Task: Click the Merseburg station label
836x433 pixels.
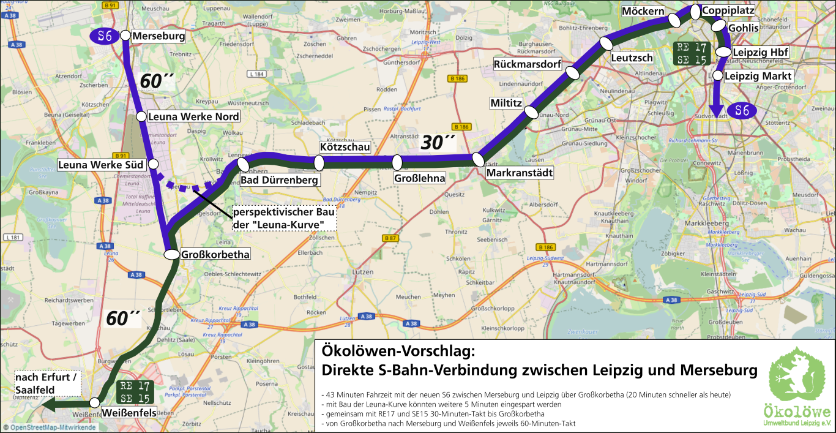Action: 158,36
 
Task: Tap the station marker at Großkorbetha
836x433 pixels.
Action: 171,254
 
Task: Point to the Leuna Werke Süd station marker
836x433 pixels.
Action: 153,164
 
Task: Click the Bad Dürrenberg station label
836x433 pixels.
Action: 279,181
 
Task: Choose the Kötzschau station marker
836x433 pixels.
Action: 319,162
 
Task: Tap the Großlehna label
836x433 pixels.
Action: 419,178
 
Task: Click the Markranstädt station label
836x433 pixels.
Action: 519,173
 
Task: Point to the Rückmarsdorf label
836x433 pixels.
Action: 527,64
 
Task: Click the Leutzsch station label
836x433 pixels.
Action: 632,58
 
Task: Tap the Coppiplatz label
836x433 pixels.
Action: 728,10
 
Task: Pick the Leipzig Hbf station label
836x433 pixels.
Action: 760,53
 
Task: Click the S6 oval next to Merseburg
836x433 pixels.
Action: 105,36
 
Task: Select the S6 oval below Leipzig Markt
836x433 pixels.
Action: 742,110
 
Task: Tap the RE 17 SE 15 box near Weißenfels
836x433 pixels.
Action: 135,392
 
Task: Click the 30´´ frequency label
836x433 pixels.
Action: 438,143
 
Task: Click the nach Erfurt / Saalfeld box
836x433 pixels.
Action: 47,384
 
